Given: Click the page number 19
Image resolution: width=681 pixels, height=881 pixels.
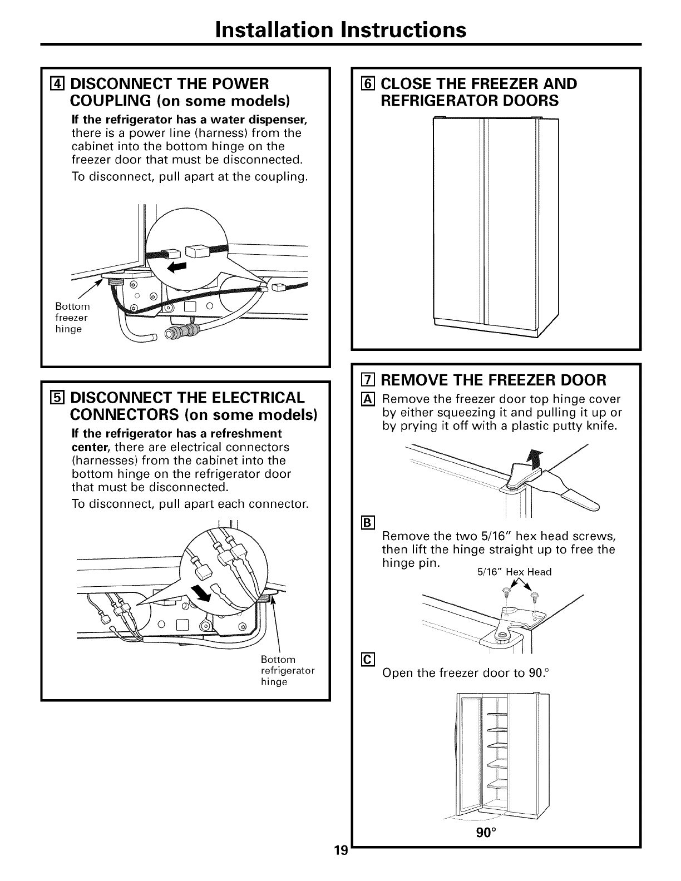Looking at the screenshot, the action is [x=341, y=865].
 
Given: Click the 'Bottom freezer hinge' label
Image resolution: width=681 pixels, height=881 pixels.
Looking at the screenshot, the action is [x=72, y=318].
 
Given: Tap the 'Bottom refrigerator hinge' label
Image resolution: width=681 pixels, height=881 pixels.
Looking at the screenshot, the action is [x=287, y=670].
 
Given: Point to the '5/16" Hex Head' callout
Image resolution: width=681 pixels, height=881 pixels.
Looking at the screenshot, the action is [x=515, y=572].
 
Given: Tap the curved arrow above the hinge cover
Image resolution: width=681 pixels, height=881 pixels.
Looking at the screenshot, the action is [x=534, y=459].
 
